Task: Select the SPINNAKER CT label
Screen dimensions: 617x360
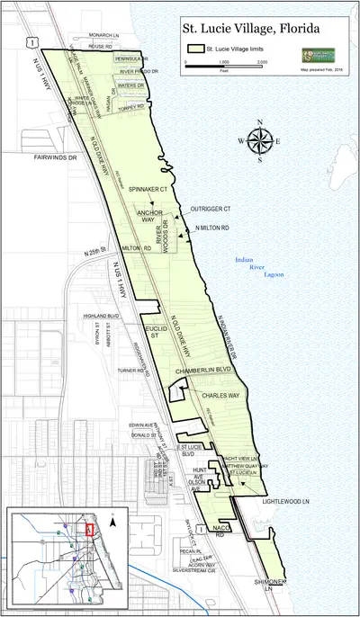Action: tap(149, 191)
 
